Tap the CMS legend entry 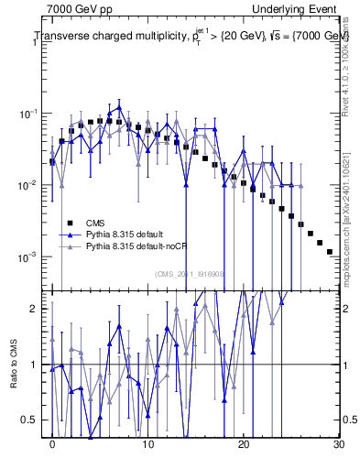pyautogui.click(x=95, y=223)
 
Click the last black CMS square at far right pyautogui.click(x=329, y=251)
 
